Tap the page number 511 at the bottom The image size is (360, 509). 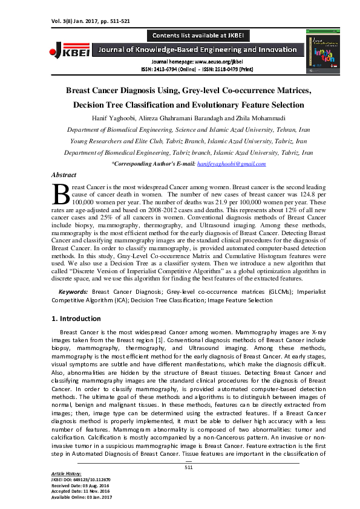coord(188,467)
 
